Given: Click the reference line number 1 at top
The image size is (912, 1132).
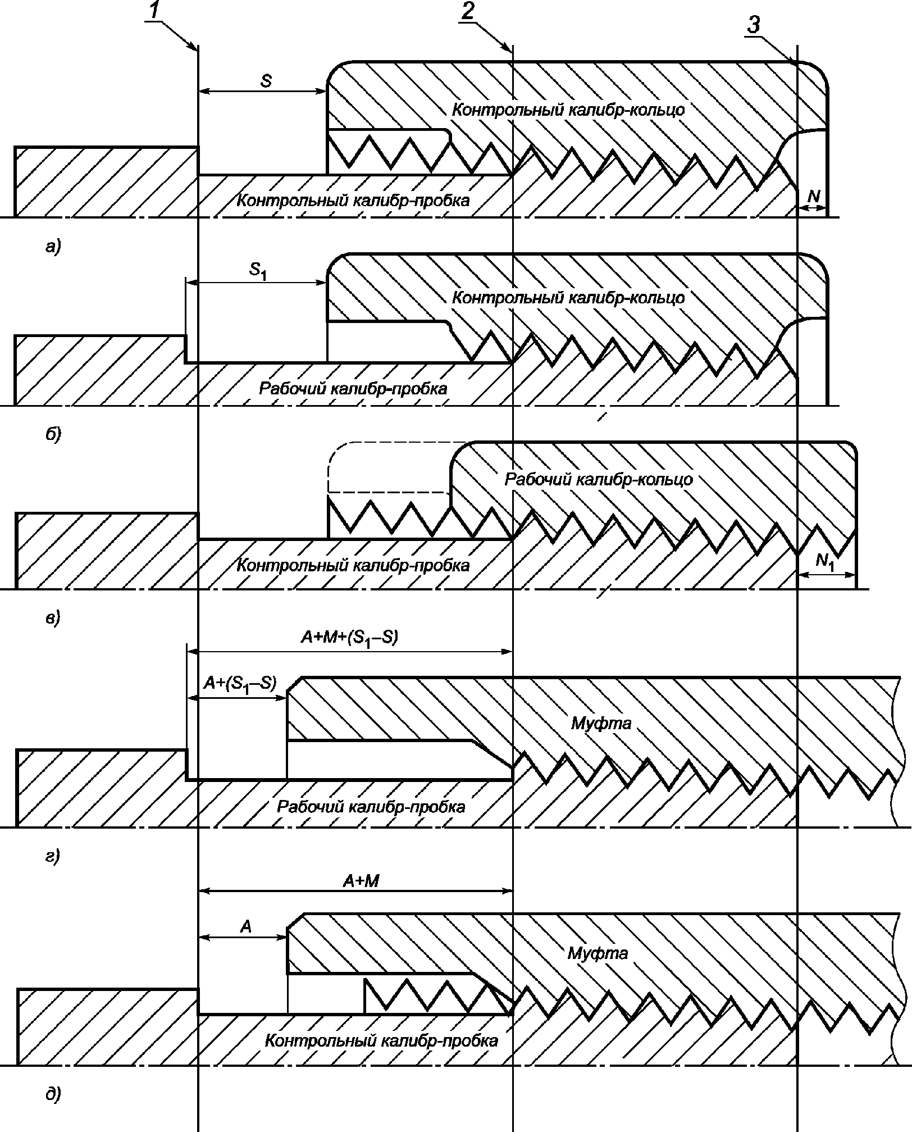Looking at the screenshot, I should coord(153,11).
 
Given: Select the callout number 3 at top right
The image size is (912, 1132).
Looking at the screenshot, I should coord(754,25).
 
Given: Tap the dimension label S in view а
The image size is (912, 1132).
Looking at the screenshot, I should coord(266,81).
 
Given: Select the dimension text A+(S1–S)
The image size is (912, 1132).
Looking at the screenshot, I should coord(239,683).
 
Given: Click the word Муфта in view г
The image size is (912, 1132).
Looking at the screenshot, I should coord(601,723).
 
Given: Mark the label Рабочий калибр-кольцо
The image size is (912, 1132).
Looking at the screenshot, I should coord(599,479).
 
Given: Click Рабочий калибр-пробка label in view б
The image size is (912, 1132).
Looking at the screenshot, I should coord(353,389).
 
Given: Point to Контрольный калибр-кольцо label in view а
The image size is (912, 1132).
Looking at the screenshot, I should coord(568,110).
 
